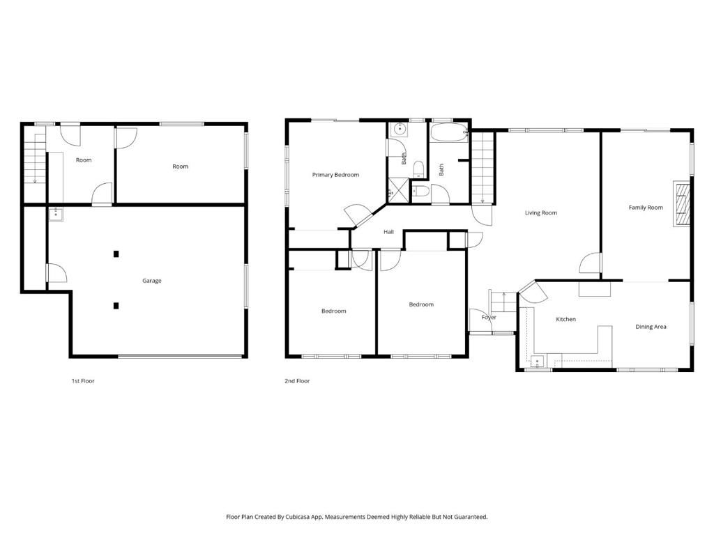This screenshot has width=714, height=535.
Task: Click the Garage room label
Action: click(x=152, y=281)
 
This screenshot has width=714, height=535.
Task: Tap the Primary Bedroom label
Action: click(x=335, y=175)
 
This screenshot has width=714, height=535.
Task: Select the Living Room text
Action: click(x=541, y=212)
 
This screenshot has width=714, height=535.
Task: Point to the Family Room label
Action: click(x=646, y=208)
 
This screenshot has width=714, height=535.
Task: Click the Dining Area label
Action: click(x=651, y=327)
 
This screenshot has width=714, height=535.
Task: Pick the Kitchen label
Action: click(x=565, y=319)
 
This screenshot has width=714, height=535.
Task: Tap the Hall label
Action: click(x=389, y=232)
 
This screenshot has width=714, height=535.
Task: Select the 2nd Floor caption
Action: click(x=297, y=381)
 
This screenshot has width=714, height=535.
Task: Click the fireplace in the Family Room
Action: click(x=681, y=204)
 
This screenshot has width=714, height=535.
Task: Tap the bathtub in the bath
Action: click(x=448, y=132)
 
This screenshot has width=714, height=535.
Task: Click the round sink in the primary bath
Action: click(x=400, y=130)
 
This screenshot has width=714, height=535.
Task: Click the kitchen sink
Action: click(x=537, y=361)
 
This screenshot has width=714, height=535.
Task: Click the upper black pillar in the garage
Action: click(x=116, y=254)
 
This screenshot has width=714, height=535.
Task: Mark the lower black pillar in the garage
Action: click(x=116, y=305)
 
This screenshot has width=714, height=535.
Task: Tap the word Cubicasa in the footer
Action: click(x=298, y=517)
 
